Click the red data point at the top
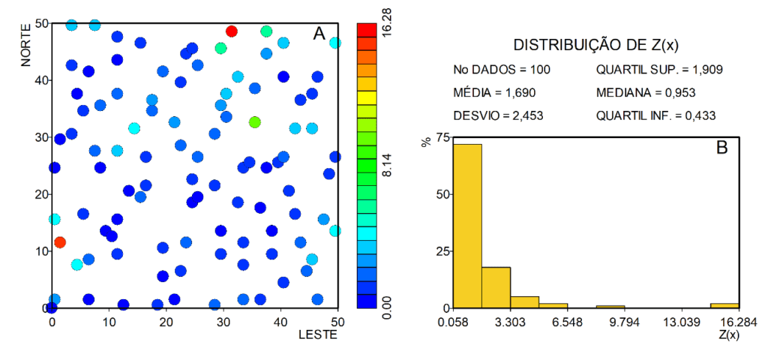[x=232, y=31]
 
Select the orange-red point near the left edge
[x=60, y=242]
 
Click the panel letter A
[x=319, y=34]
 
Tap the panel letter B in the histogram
[x=722, y=147]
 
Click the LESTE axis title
[x=319, y=334]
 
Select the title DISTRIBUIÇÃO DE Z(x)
[x=595, y=44]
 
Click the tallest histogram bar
[x=467, y=226]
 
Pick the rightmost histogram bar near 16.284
[x=725, y=305]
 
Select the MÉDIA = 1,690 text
[x=494, y=93]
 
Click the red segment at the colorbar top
[x=367, y=28]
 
